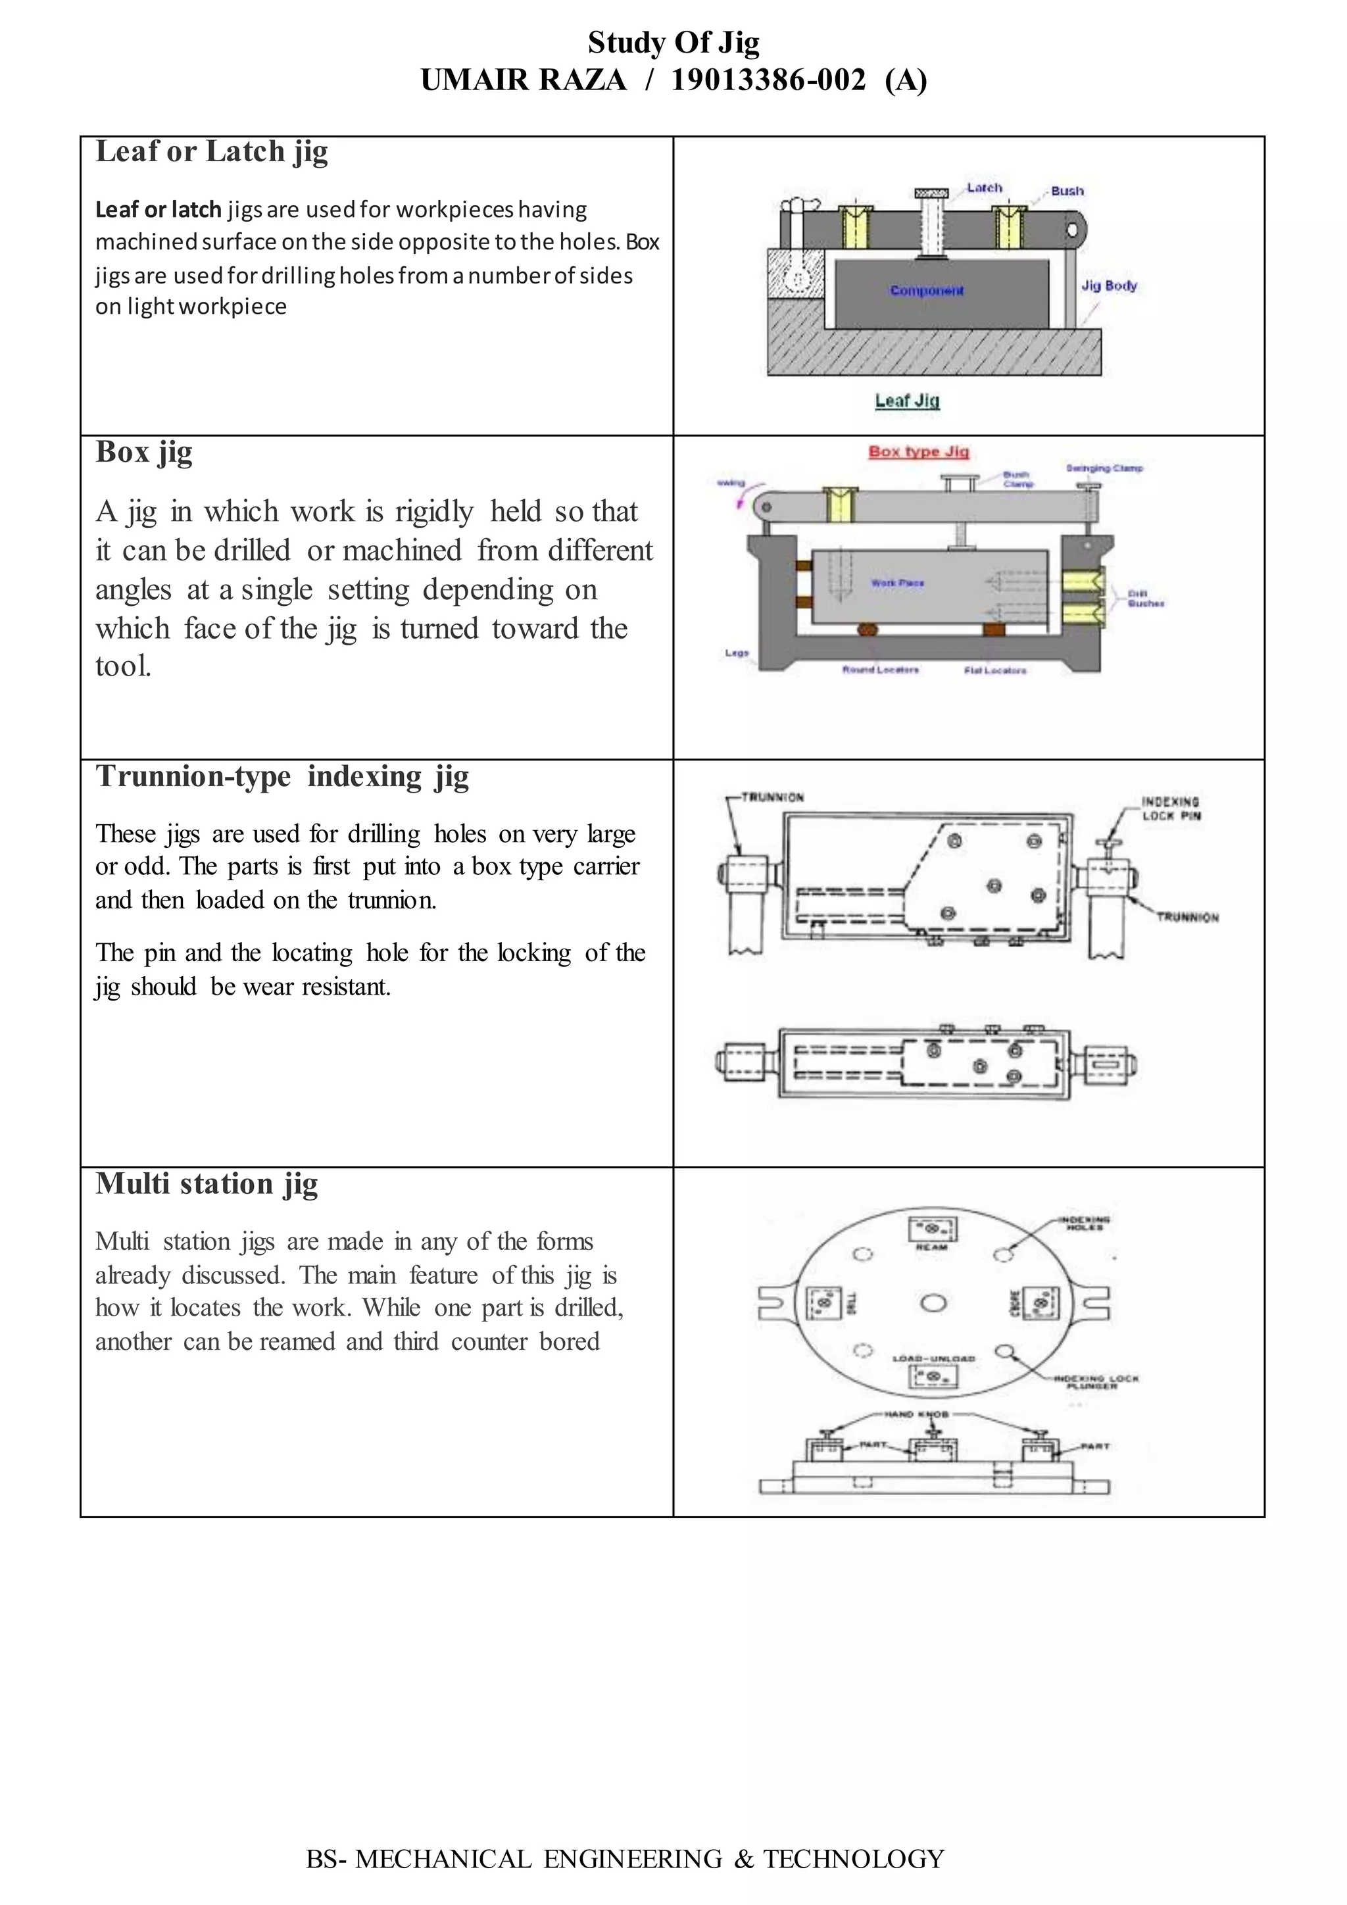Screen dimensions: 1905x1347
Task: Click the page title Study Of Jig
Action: (x=673, y=42)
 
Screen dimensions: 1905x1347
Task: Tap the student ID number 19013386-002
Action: (x=768, y=80)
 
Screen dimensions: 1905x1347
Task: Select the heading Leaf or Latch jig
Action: (x=212, y=152)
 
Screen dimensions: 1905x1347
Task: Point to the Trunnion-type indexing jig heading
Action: (x=282, y=777)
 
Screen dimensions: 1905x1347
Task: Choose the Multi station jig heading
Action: (x=207, y=1184)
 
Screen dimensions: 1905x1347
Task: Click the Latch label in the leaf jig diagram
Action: (x=985, y=187)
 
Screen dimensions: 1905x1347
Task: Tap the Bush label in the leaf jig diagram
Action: (x=1067, y=191)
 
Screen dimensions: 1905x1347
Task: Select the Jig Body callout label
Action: (x=1109, y=285)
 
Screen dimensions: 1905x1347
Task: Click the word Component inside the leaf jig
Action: (x=927, y=290)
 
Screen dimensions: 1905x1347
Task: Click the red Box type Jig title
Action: (x=919, y=451)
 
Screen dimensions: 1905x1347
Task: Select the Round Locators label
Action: (x=880, y=670)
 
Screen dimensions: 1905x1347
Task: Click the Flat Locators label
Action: (x=994, y=670)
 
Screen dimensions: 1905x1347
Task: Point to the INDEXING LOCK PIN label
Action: (x=1170, y=808)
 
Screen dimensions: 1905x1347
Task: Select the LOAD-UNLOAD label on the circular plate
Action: (x=934, y=1358)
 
